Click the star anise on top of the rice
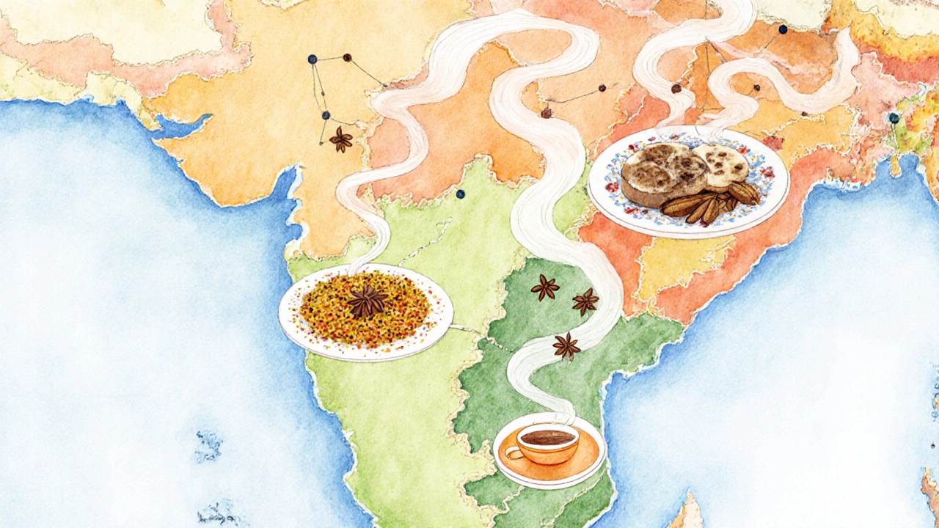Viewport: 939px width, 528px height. tap(366, 301)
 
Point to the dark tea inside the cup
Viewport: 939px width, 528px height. tap(548, 438)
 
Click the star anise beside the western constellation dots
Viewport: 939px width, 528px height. tap(340, 139)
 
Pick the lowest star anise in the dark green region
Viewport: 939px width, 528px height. tap(566, 345)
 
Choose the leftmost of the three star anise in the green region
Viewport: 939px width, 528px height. tap(544, 287)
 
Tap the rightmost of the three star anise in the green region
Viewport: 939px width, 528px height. tap(585, 301)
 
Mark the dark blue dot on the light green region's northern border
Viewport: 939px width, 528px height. tap(460, 194)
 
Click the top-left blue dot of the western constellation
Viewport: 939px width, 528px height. tap(313, 59)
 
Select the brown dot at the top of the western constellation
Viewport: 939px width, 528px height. tap(346, 56)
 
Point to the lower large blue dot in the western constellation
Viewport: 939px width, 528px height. tap(326, 115)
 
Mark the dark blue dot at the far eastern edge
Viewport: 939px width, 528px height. tap(894, 117)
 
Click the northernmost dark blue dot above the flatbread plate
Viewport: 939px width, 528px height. tap(783, 29)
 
